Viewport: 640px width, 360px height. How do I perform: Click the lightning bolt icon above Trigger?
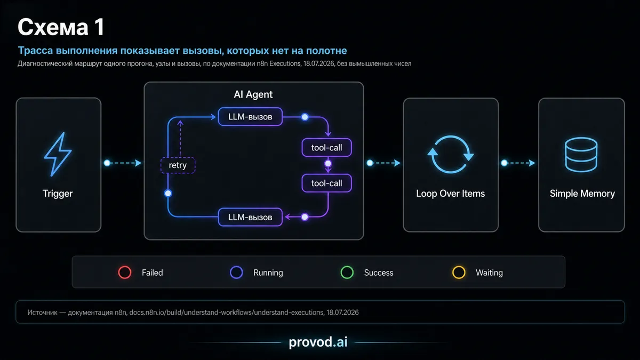coord(58,154)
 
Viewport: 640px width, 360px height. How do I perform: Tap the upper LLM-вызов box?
coord(250,117)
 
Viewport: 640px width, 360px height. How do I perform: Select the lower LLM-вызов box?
coord(250,217)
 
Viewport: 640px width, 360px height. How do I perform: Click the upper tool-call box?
coord(326,148)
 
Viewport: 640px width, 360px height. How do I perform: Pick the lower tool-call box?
coord(326,183)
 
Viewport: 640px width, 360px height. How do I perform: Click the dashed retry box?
coord(178,165)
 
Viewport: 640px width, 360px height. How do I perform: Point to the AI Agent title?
coord(253,94)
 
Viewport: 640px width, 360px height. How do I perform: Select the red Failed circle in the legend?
coord(125,273)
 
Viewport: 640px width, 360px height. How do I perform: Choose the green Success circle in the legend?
coord(347,273)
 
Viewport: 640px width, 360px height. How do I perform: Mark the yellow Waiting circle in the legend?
coord(459,273)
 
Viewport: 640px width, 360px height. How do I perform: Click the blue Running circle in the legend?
coord(237,273)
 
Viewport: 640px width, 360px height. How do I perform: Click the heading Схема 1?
coord(61,27)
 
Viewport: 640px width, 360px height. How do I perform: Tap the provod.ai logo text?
coord(318,342)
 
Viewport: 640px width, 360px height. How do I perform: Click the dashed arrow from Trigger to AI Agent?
coord(123,163)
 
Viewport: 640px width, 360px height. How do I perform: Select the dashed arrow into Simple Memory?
coord(518,163)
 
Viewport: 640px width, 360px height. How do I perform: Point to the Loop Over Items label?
coord(450,194)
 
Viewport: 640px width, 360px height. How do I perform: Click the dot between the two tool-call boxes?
coord(328,163)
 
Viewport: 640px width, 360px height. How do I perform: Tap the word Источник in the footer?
coord(42,313)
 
